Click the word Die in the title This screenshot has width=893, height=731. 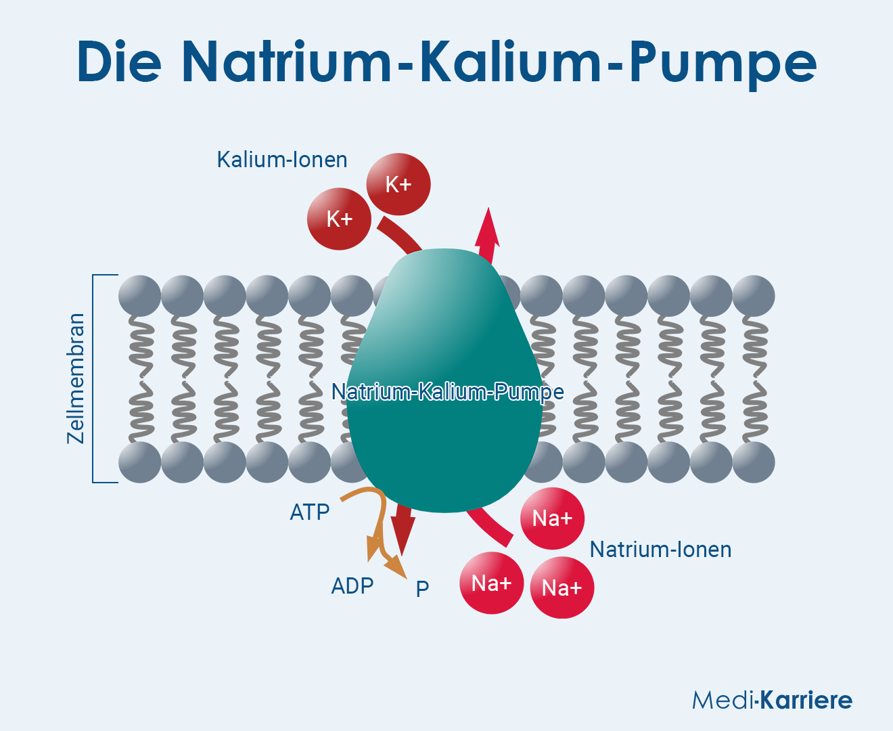(120, 62)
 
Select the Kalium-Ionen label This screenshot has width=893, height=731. (282, 160)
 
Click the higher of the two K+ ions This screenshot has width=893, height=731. (398, 184)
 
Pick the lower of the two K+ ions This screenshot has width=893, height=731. (339, 219)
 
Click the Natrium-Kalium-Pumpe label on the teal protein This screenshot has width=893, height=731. (447, 392)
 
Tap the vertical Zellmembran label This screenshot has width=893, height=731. (76, 378)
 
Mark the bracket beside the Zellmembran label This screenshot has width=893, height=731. (95, 378)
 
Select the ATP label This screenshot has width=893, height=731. (310, 512)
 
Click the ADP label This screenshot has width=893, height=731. (352, 585)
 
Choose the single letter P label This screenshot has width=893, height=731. (422, 589)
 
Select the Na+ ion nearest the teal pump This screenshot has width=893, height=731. (552, 518)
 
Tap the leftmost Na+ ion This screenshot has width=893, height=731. (491, 583)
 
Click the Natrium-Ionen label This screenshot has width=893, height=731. (660, 549)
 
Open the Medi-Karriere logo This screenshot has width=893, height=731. (772, 700)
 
